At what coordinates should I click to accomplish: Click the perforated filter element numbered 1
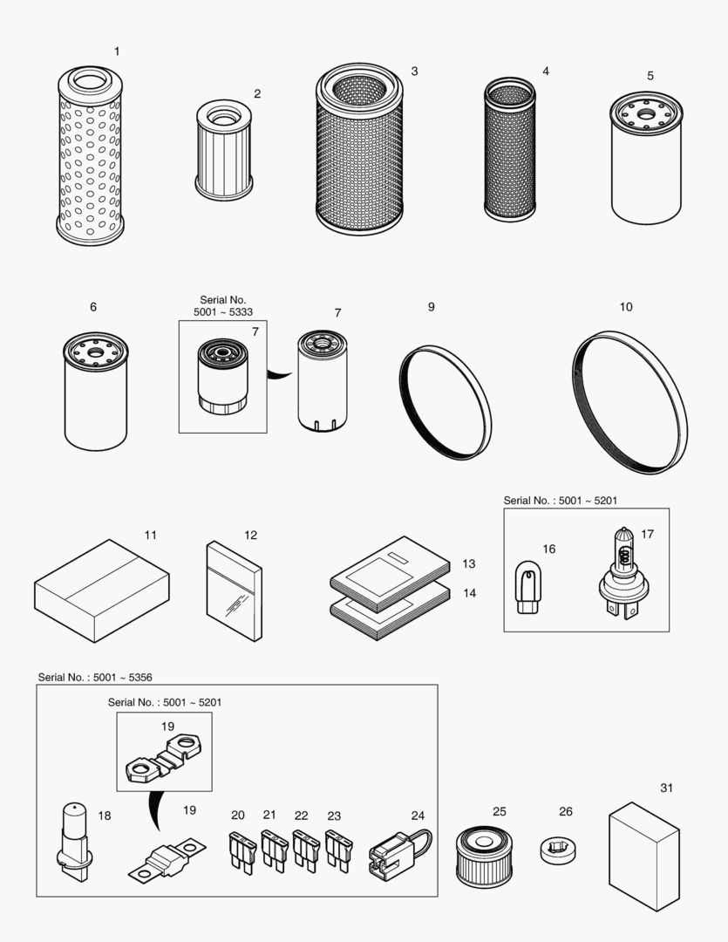[89, 157]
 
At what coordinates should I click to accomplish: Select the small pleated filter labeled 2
[224, 149]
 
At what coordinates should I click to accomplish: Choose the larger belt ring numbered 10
[629, 402]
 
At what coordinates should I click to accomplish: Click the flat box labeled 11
[102, 590]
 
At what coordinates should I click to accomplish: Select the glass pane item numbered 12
[233, 590]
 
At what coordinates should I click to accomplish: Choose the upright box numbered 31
[643, 855]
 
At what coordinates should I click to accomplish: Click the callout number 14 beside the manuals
[469, 593]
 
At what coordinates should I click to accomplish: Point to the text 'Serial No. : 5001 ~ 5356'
[89, 677]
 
